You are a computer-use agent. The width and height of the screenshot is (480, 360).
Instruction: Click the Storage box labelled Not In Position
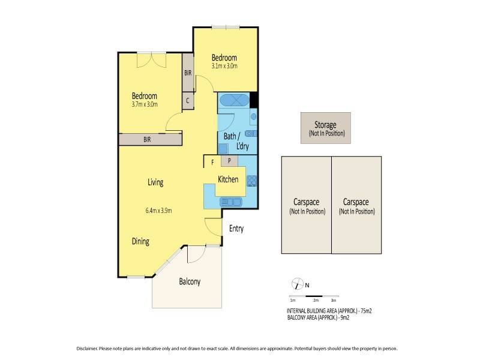click(326, 128)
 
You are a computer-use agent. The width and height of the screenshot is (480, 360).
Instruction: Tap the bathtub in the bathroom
click(233, 100)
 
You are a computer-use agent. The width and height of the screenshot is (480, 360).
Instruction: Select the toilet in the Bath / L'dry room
click(254, 117)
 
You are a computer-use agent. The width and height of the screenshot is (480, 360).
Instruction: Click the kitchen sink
click(229, 202)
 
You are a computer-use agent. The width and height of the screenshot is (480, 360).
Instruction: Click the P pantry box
click(229, 161)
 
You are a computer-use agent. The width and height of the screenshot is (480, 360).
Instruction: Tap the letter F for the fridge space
click(212, 161)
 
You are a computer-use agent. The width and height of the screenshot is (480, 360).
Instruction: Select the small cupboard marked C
click(188, 101)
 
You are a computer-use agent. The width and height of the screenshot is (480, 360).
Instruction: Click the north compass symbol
click(295, 284)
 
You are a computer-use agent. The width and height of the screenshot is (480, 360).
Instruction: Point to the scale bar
click(312, 297)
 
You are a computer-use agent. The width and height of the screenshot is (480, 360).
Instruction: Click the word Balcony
click(189, 282)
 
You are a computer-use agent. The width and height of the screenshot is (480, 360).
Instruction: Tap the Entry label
click(235, 229)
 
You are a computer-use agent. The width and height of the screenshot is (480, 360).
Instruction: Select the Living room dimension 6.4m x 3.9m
click(158, 211)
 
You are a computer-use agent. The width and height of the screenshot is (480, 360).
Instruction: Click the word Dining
click(140, 242)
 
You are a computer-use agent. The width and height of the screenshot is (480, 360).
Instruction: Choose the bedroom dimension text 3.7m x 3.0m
click(144, 104)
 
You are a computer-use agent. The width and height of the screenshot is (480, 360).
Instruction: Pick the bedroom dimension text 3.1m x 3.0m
click(224, 66)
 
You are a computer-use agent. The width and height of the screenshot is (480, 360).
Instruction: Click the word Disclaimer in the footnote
click(90, 349)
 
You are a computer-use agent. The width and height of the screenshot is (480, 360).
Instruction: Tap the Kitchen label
click(228, 179)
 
